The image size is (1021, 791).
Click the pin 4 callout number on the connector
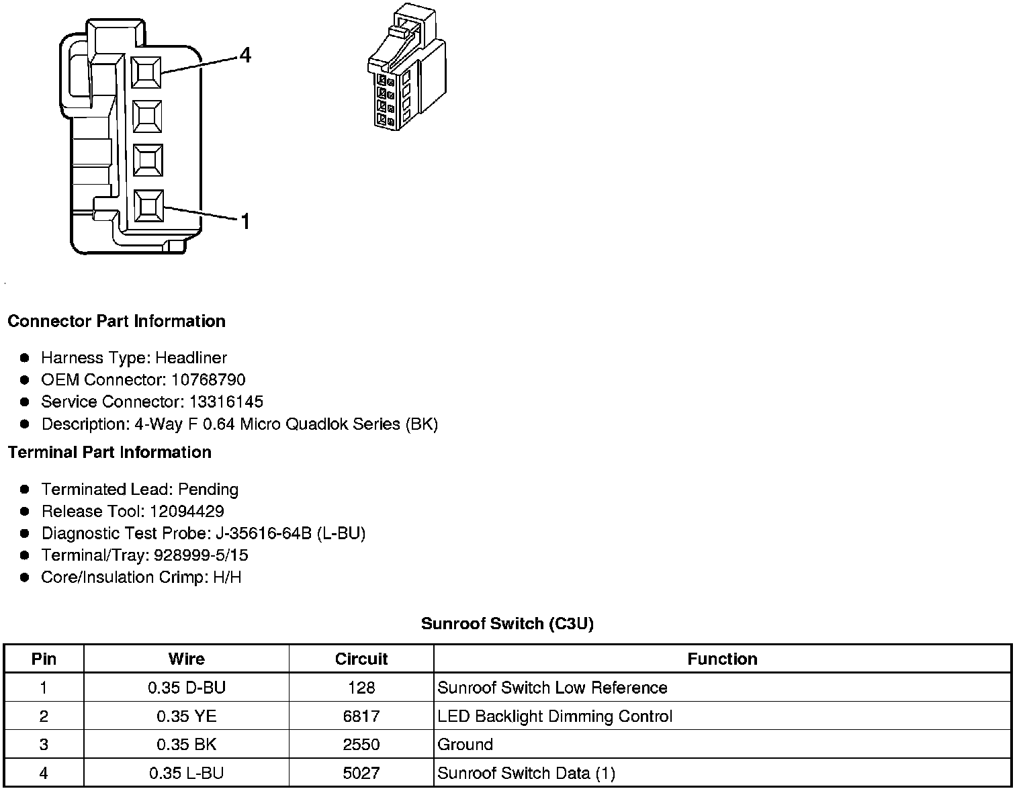(x=245, y=55)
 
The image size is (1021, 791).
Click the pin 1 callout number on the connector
(x=245, y=221)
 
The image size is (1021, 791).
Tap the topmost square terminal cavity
(x=147, y=71)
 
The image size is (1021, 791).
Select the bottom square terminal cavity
(x=148, y=205)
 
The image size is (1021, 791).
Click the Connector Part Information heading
(x=116, y=321)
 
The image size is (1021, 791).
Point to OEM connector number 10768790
(x=208, y=380)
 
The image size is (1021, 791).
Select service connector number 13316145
(x=226, y=402)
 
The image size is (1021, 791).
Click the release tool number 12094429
(x=187, y=512)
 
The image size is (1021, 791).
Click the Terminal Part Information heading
(x=109, y=453)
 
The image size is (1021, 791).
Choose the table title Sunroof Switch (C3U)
(x=507, y=624)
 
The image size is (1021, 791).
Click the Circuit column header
(x=361, y=659)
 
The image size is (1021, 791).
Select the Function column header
(x=722, y=659)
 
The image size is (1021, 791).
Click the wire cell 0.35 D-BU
(x=187, y=688)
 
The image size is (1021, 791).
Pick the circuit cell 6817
(x=361, y=716)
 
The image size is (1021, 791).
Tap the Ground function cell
(x=465, y=745)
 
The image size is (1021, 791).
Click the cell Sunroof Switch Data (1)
(x=526, y=774)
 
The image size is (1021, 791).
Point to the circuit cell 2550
(x=361, y=745)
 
